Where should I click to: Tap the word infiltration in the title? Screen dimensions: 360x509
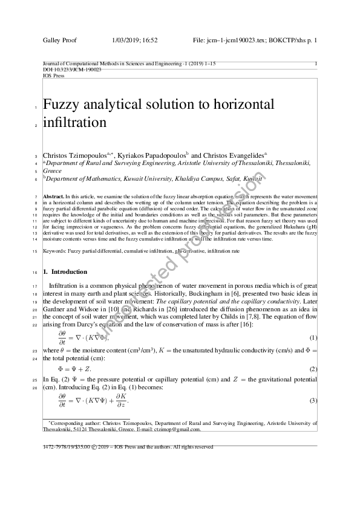pos(74,123)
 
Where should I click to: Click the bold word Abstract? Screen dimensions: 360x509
pos(53,197)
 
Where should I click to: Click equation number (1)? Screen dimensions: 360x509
pos(313,337)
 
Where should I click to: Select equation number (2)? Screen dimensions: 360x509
pos(313,368)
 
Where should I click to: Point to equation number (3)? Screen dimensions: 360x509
pos(313,401)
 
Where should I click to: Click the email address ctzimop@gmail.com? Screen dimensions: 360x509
pos(178,430)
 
